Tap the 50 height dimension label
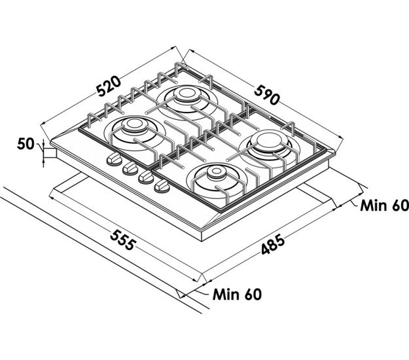(x=26, y=143)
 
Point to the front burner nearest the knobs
(x=214, y=177)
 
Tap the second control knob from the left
(x=128, y=168)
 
